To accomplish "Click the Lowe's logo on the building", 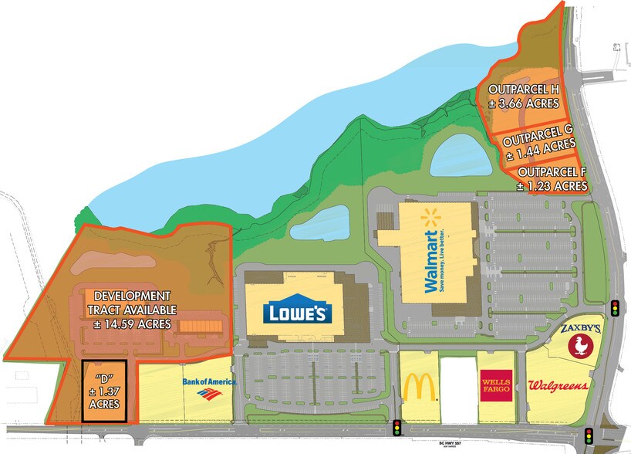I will coord(298,313).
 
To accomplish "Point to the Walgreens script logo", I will coord(558,385).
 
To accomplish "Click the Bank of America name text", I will coord(209,381).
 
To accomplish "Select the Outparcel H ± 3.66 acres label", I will coord(523,97).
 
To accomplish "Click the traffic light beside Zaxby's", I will coord(615,308).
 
